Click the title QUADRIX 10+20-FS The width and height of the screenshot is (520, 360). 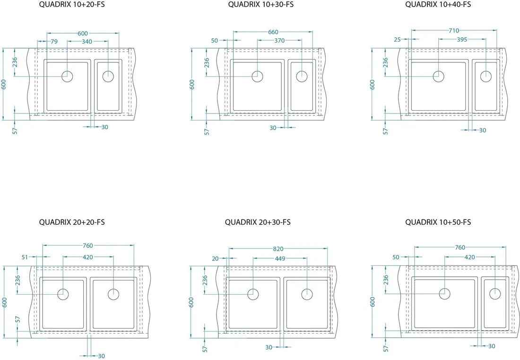(x=72, y=5)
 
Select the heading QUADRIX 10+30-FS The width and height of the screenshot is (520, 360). (x=260, y=4)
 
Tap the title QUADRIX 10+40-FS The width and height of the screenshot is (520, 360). (x=438, y=4)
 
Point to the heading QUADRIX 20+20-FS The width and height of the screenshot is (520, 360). (x=72, y=222)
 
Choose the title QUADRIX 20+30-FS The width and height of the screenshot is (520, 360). (x=258, y=222)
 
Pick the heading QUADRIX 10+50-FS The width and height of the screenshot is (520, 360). (x=438, y=222)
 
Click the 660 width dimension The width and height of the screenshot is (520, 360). (x=273, y=32)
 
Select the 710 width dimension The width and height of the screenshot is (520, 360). (x=454, y=31)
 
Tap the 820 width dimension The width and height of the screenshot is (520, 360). (x=278, y=248)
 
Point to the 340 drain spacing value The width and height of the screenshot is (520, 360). (x=87, y=42)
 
